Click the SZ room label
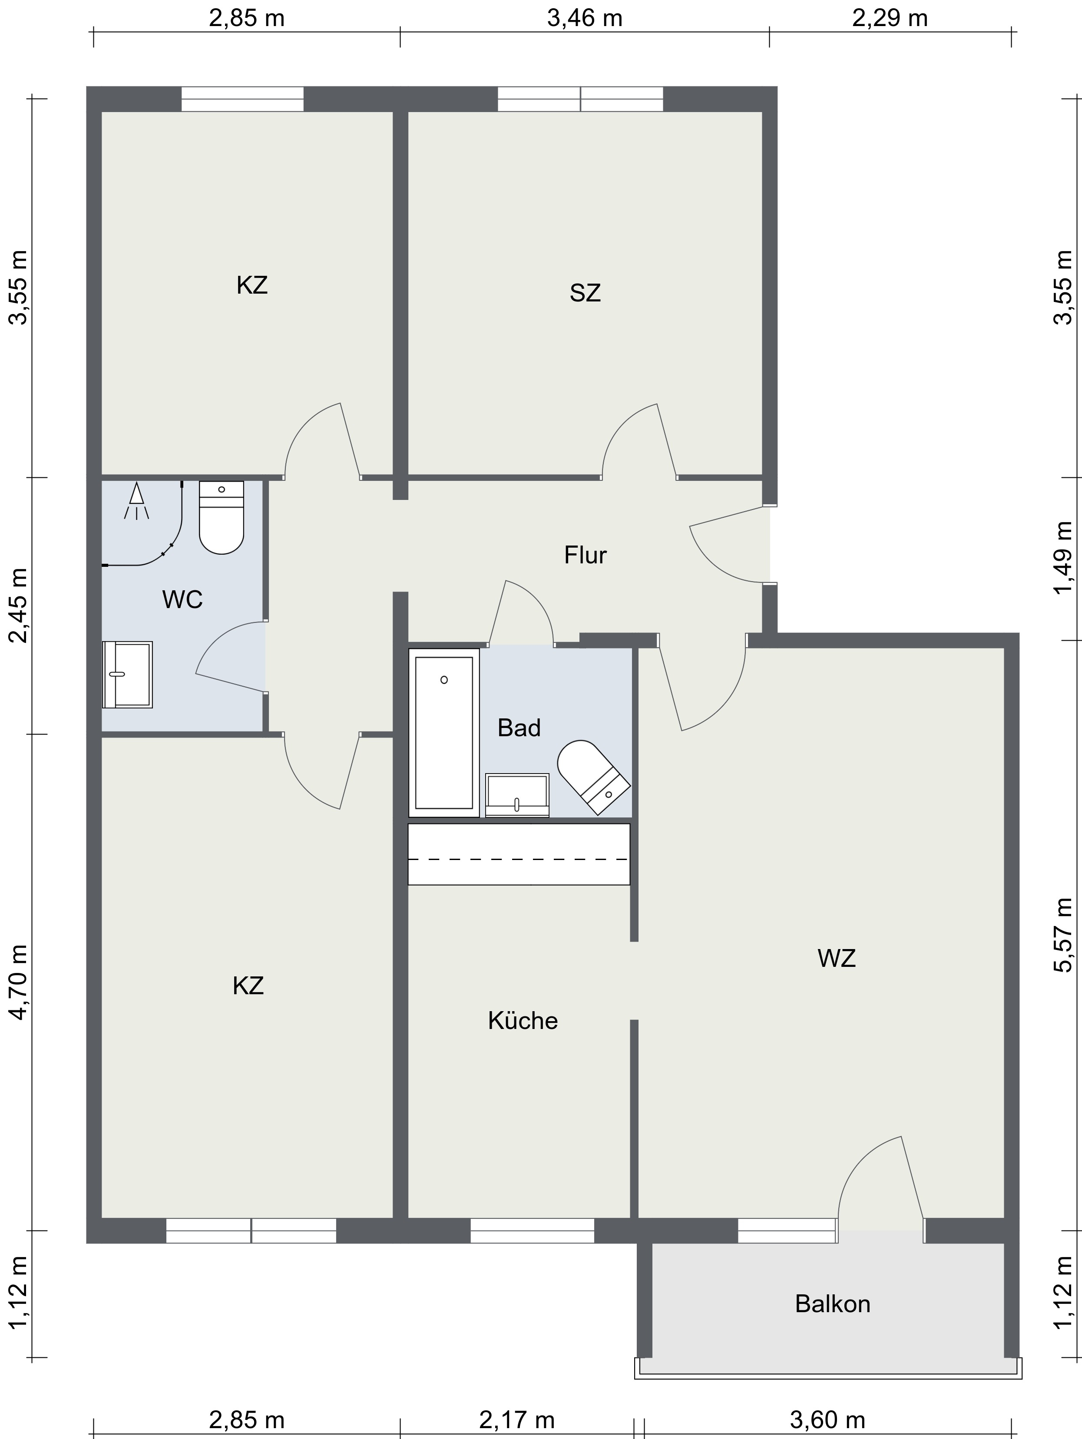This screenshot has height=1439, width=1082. click(x=585, y=293)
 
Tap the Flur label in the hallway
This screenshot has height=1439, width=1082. click(x=585, y=555)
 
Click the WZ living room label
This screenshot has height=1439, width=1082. click(x=836, y=958)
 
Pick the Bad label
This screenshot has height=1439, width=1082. click(x=519, y=727)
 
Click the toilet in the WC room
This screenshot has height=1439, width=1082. click(x=221, y=517)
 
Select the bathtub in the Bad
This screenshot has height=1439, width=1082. click(x=444, y=732)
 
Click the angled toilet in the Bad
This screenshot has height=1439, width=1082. click(x=593, y=777)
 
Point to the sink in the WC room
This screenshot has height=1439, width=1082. click(x=128, y=675)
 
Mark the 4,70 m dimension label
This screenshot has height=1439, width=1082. click(x=19, y=983)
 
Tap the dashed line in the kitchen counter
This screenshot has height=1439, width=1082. click(x=519, y=860)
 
